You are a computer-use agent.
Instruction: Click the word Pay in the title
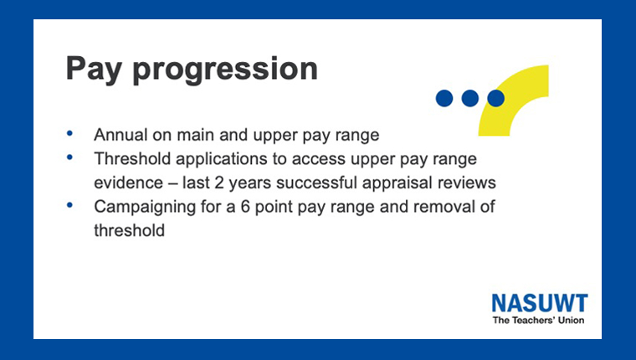pos(94,69)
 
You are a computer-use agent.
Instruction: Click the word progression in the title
pos(225,69)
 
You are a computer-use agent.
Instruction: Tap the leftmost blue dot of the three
pos(444,98)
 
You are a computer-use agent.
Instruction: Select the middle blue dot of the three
pos(470,98)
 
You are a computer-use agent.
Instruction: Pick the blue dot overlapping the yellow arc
pos(496,98)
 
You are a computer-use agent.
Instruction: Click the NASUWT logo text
pos(540,303)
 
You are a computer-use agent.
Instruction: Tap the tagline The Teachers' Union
pos(539,320)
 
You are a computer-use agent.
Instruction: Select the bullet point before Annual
pos(69,133)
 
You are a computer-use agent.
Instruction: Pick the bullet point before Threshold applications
pos(69,157)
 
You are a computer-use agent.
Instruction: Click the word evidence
pos(129,183)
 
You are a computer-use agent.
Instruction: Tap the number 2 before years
pos(219,183)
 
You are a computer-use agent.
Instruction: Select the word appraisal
pos(397,183)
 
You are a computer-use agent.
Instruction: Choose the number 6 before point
pos(245,207)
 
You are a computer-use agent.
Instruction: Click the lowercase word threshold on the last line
pos(130,230)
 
